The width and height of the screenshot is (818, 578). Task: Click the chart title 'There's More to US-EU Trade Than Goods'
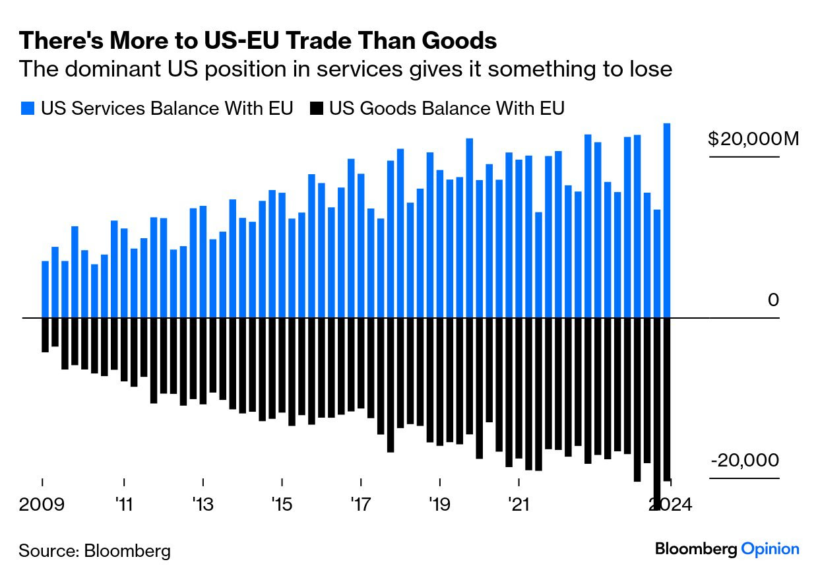coord(257,41)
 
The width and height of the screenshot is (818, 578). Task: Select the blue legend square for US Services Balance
coord(27,108)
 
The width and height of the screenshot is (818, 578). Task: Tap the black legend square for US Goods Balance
coord(316,108)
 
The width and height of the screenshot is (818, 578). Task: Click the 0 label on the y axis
coord(773,300)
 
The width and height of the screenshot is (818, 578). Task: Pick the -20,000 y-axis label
coord(745,461)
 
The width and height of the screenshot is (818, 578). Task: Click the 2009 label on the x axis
coord(43,505)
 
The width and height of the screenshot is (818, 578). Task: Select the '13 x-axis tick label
coord(203,505)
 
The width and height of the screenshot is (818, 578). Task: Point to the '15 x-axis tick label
coord(282,505)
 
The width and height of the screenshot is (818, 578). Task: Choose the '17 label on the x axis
coord(361,505)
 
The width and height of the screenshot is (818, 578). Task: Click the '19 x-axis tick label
coord(439,505)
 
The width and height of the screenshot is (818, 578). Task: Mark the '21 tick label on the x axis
coord(519,505)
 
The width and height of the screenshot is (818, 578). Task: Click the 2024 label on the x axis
coord(670,505)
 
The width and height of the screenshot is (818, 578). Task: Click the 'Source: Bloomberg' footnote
coord(94,550)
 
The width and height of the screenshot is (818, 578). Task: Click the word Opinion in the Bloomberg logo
coord(770,548)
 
